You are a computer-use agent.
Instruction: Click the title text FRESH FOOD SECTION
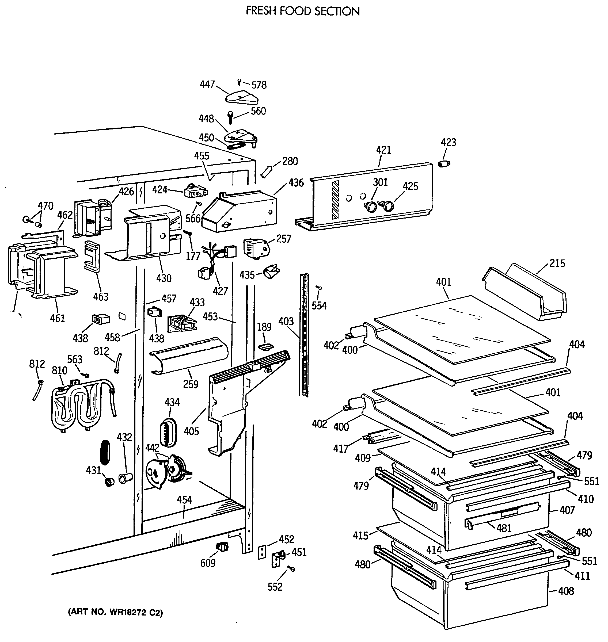[x=303, y=11]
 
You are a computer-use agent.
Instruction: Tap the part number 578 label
[x=259, y=85]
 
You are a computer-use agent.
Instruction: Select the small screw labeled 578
[x=239, y=83]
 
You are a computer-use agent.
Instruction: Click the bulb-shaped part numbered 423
[x=444, y=164]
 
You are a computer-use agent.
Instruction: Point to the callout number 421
[x=383, y=150]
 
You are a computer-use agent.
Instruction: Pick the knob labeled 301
[x=372, y=206]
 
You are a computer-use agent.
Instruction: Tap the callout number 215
[x=557, y=263]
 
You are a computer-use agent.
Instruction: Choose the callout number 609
[x=208, y=563]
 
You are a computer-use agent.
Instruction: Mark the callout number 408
[x=566, y=591]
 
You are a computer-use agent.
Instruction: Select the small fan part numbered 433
[x=180, y=323]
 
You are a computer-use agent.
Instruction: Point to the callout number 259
[x=191, y=384]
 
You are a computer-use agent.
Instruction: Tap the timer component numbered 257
[x=256, y=249]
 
